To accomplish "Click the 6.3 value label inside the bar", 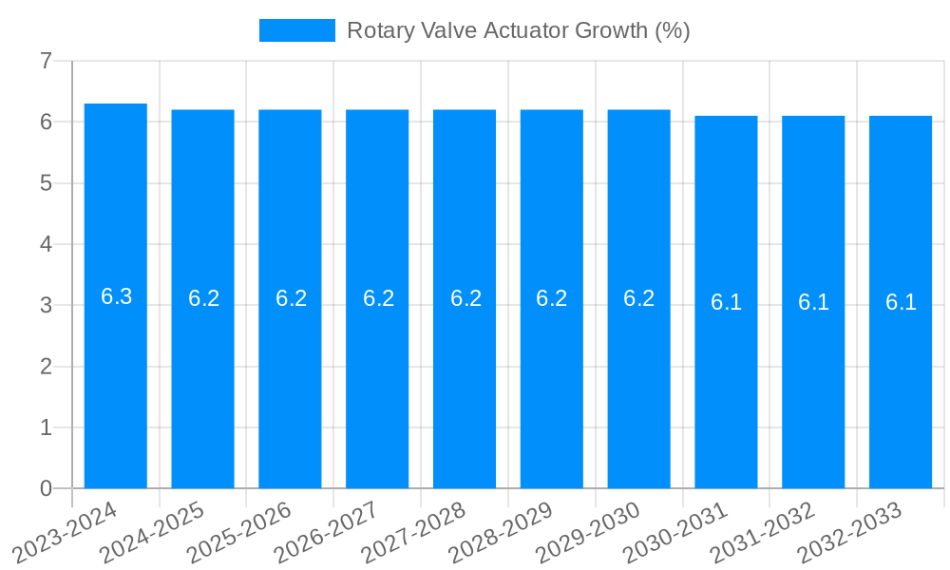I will click(x=116, y=296).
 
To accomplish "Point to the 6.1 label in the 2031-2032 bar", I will click(x=813, y=302).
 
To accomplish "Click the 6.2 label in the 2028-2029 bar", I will click(x=552, y=298).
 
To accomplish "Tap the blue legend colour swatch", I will click(x=296, y=30).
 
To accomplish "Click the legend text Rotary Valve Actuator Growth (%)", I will click(x=518, y=30).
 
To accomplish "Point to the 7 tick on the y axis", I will click(x=46, y=61).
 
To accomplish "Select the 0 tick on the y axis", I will click(x=46, y=488).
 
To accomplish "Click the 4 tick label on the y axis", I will click(x=46, y=244).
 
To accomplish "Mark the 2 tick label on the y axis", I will click(x=46, y=367).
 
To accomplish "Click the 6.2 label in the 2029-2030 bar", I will click(x=639, y=298).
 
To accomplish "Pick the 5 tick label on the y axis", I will click(x=46, y=183).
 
